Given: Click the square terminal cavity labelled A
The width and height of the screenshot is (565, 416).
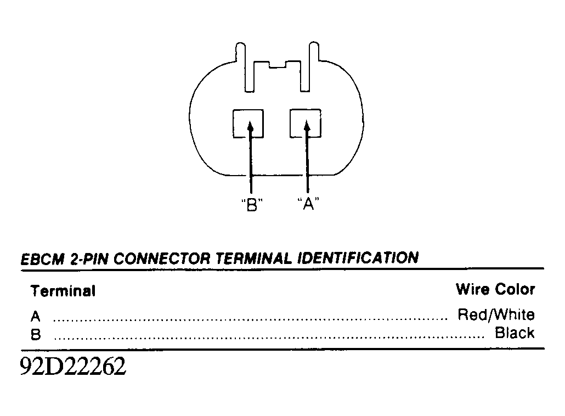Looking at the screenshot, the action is [306, 123].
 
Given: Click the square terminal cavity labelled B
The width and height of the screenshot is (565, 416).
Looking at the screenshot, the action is [248, 123].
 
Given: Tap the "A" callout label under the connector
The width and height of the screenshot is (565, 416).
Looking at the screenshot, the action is [308, 204].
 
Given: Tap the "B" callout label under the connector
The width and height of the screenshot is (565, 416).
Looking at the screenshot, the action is [252, 205].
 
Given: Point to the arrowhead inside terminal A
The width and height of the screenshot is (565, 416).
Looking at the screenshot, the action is [307, 127].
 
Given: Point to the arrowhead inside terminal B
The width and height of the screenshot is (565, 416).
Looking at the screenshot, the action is [250, 127].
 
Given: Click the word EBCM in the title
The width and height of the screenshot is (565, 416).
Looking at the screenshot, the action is [43, 260].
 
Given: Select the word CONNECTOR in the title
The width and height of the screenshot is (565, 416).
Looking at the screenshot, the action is [162, 259].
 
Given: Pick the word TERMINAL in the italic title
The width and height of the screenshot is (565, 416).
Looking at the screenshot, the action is [254, 258].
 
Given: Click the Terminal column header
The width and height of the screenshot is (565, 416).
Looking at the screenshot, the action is [63, 291].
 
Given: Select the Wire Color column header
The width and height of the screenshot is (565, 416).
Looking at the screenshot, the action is [495, 289].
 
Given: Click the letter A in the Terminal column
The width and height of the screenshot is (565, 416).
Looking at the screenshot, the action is [35, 317].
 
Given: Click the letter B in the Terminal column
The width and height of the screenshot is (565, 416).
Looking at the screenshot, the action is [35, 335].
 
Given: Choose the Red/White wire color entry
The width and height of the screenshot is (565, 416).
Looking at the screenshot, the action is [496, 314].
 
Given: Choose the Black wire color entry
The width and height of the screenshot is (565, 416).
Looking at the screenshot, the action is [515, 333].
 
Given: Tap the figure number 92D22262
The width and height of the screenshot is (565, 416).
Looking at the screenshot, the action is [73, 366].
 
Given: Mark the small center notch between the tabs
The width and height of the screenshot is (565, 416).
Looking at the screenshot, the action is [278, 65].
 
